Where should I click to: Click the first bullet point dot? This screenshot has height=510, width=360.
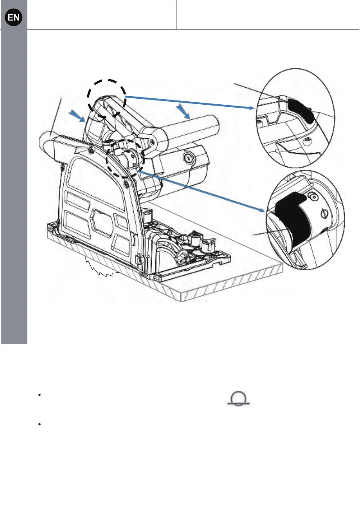pos(39,395)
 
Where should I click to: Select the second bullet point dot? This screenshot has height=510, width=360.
pos(39,425)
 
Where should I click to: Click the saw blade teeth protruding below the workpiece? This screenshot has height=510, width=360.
pos(103,267)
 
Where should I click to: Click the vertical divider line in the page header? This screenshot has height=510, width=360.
pos(176,15)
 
